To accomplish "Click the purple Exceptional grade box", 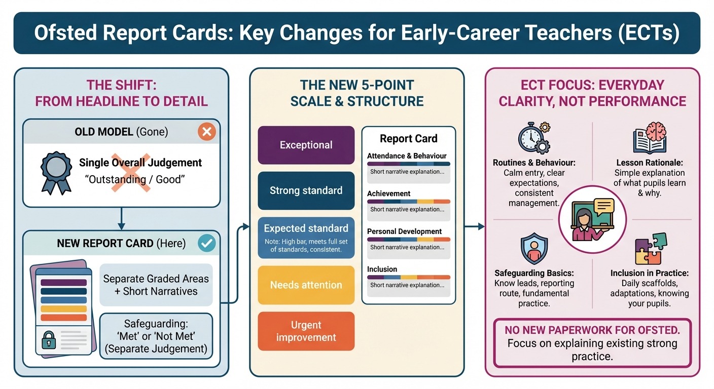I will pos(306,145).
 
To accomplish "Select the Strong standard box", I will pos(306,190).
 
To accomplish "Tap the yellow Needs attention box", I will pos(306,285).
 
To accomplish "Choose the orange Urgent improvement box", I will pos(306,331).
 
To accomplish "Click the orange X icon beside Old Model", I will pos(206,132).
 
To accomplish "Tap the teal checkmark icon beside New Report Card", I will pos(206,243).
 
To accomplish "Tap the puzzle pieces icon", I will pos(650,249).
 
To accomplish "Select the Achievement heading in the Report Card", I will pos(388,193).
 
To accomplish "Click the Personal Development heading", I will pos(404,231).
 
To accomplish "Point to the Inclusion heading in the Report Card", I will pos(382,269).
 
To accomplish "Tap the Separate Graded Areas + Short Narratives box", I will pos(156,285).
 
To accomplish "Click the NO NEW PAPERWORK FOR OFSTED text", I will pos(592,330).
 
